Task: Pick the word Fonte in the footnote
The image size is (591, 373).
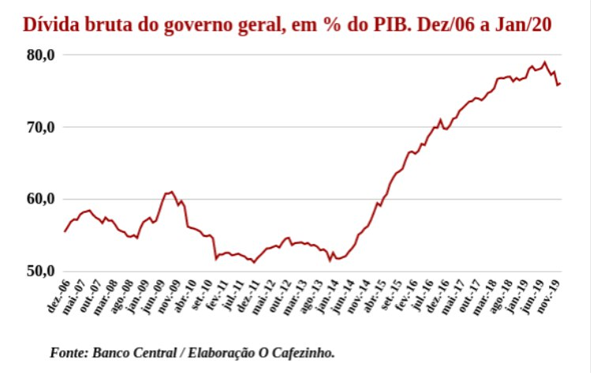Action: point(69,351)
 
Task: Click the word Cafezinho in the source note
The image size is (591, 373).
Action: point(307,351)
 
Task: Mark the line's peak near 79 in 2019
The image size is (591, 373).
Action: point(544,62)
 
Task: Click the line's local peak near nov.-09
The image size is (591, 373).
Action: point(171,192)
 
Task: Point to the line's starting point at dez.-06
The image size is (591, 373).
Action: point(65,232)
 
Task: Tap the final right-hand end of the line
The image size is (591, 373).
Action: point(561,83)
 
